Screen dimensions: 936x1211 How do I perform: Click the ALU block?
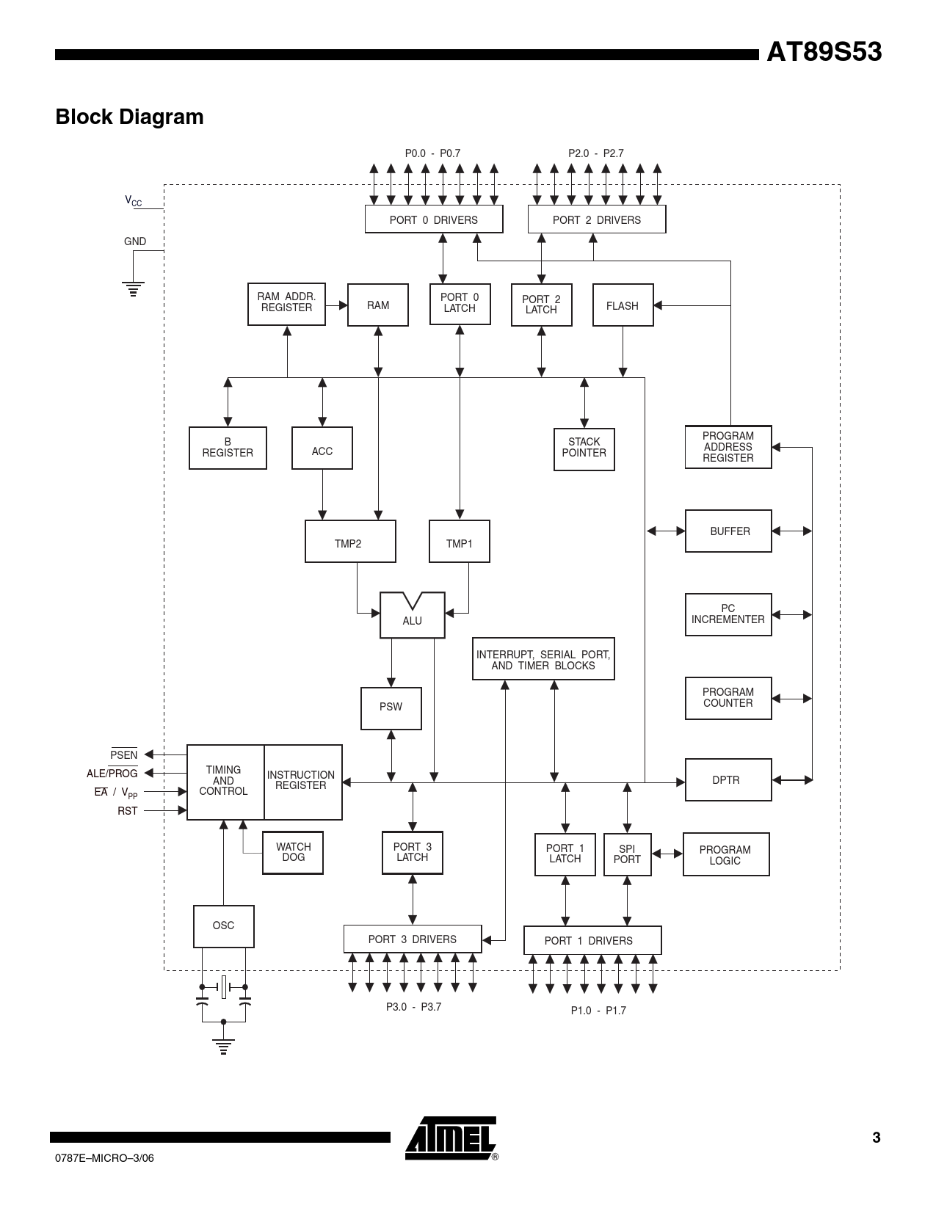(x=412, y=615)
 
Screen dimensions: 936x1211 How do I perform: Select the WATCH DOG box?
(x=293, y=852)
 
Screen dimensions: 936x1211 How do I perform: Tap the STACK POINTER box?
(x=584, y=449)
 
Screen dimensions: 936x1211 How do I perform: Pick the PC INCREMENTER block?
(x=728, y=614)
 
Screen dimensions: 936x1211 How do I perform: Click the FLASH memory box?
(x=623, y=305)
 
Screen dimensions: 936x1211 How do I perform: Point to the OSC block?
(x=224, y=926)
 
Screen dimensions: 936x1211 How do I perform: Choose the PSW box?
(x=391, y=708)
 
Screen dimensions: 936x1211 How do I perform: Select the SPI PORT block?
(x=627, y=854)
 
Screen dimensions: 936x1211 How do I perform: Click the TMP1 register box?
(x=460, y=541)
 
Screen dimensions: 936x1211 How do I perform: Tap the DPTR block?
(x=728, y=779)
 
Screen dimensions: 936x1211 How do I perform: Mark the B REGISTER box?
(x=228, y=448)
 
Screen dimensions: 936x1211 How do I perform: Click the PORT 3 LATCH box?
(x=413, y=853)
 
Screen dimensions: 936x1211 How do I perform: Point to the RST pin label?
(x=127, y=811)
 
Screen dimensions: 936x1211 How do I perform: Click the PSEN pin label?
(x=123, y=754)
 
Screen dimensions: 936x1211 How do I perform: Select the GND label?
(x=135, y=241)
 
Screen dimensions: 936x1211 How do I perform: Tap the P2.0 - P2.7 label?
(x=596, y=153)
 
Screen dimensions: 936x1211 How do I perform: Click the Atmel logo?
(x=451, y=1138)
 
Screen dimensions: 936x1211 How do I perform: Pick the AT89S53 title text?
(x=824, y=52)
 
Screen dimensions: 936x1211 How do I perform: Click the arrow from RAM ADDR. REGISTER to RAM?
(x=336, y=305)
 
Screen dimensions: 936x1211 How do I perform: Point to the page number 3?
(x=877, y=1138)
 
